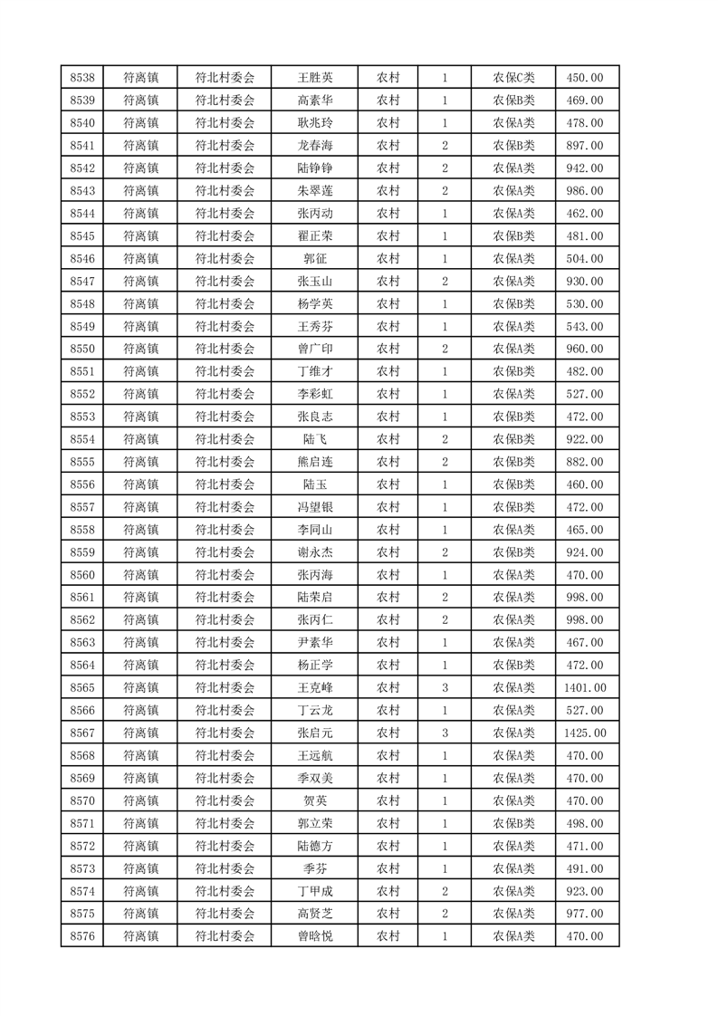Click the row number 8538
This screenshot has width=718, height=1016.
pos(82,78)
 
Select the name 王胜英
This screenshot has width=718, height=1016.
pos(314,78)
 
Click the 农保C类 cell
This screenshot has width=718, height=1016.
pos(513,78)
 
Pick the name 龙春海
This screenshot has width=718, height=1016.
pos(314,146)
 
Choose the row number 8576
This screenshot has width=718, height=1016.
pos(82,935)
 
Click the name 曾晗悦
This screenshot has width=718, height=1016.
pos(314,935)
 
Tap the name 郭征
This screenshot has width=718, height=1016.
pos(314,259)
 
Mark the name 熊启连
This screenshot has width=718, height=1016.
pos(314,462)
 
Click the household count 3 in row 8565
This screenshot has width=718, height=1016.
pos(445,687)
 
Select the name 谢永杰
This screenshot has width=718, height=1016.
pos(314,552)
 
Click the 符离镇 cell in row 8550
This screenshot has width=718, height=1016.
pos(140,349)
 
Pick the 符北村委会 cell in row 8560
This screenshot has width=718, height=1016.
pos(225,575)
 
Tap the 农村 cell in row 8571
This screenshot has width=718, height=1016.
pos(388,823)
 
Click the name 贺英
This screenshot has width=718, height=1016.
pos(314,800)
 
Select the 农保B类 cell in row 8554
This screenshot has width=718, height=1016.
pos(513,439)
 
